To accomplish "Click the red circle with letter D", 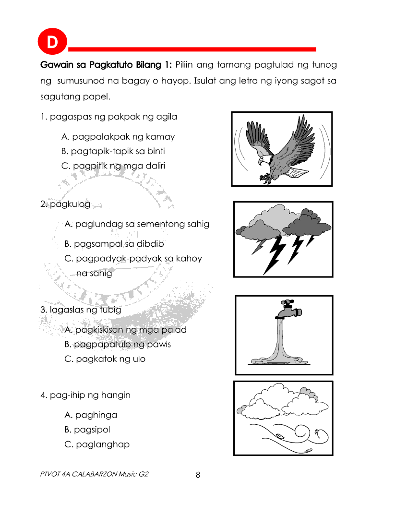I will pos(51,43).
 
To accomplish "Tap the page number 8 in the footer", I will pos(198,475).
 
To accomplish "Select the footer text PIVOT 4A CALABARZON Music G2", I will pos(95,474).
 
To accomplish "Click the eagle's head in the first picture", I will pos(264,160).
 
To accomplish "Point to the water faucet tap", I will pos(288,310).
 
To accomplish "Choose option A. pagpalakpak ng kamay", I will pos(118,137).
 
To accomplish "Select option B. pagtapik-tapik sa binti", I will pos(113,151).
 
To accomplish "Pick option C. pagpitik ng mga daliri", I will pos(113,166).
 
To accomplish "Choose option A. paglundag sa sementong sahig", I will pos(137,224).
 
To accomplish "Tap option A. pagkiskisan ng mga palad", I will pos(125,330).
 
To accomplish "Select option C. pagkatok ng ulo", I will pos(105,359).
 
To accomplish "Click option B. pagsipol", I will pos(87,430).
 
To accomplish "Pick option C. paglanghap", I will pos(96,444).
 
